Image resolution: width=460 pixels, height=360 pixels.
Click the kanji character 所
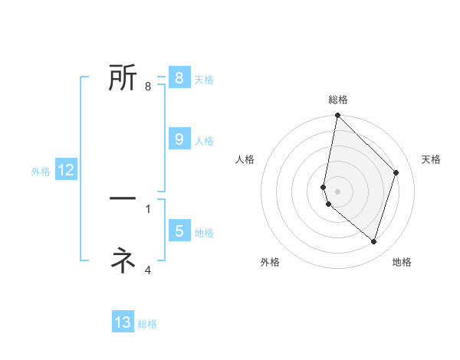click(x=123, y=77)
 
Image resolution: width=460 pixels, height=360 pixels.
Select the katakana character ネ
click(x=123, y=260)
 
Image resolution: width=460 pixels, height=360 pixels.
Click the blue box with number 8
click(x=179, y=78)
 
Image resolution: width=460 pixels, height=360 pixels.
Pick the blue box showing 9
click(x=179, y=139)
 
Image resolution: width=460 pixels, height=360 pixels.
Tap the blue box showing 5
click(x=179, y=231)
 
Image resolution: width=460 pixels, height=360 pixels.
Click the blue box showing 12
click(x=65, y=170)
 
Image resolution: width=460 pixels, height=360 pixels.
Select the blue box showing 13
click(x=123, y=322)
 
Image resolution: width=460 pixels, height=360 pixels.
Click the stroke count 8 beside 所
click(x=148, y=87)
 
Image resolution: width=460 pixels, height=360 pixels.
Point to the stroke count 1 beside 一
click(x=148, y=208)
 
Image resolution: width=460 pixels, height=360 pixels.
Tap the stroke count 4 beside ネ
click(x=148, y=270)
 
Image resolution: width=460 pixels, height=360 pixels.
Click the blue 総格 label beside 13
click(x=147, y=324)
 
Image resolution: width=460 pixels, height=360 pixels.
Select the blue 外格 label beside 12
click(x=41, y=172)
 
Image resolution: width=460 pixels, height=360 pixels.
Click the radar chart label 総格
click(x=338, y=100)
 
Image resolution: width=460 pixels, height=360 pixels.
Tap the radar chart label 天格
click(x=432, y=159)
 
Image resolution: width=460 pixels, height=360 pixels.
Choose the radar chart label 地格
click(x=402, y=262)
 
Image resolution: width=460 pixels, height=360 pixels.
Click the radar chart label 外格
click(x=270, y=262)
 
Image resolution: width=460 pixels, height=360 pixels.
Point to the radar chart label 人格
click(x=245, y=159)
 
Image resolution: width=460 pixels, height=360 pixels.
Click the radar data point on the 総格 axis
click(x=337, y=116)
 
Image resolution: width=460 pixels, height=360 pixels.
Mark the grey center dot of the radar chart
click(x=337, y=191)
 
